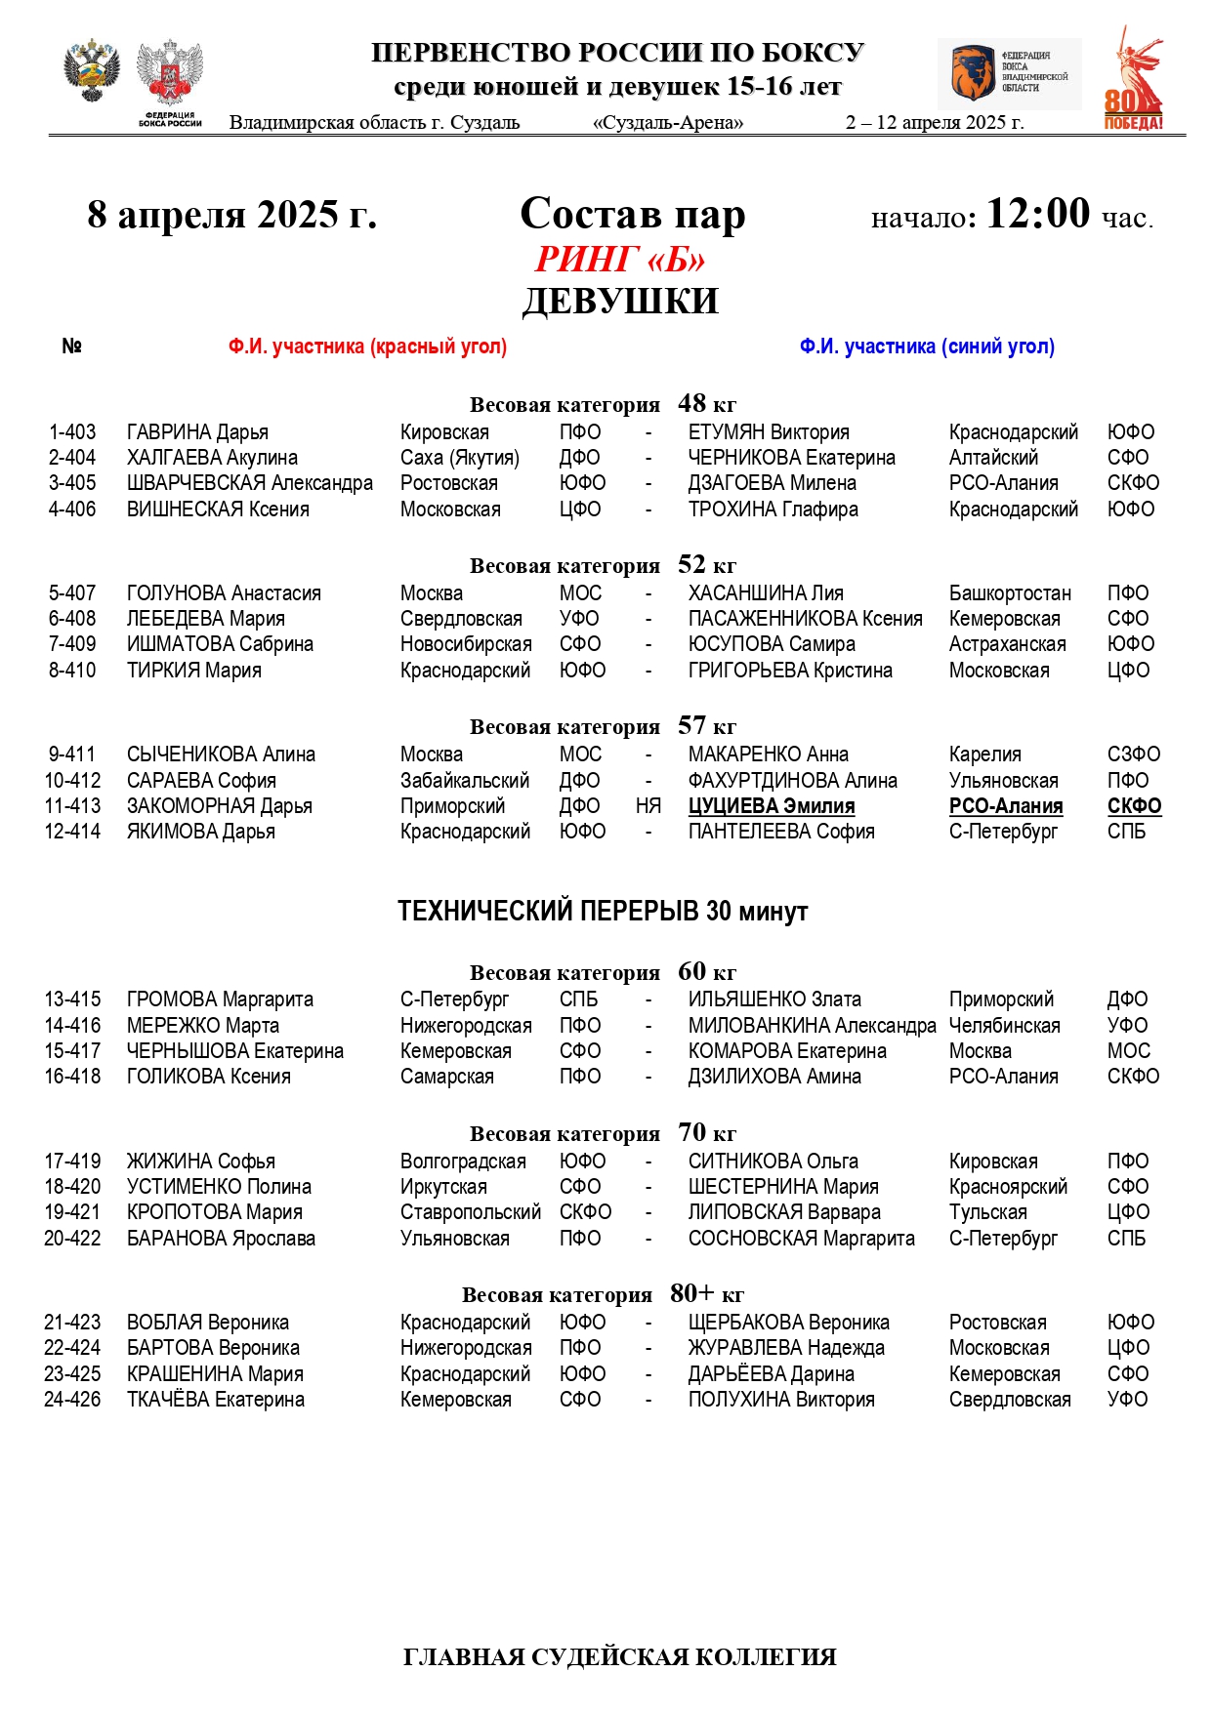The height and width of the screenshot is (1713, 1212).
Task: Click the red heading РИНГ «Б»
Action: click(619, 260)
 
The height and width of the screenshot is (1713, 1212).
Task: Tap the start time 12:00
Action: click(1037, 214)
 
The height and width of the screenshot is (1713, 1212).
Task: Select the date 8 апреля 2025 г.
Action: click(231, 215)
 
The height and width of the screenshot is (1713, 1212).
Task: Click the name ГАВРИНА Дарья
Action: click(197, 432)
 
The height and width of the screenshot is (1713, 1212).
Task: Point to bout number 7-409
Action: click(72, 644)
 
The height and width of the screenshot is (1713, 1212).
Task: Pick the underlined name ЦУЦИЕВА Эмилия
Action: click(771, 806)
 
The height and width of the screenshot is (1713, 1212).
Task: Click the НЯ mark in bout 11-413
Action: click(648, 806)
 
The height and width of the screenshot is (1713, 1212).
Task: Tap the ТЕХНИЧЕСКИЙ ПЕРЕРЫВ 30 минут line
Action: click(603, 912)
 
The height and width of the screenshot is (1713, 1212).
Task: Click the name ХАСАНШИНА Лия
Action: click(765, 593)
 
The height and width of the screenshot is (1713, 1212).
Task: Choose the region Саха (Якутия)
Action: click(459, 458)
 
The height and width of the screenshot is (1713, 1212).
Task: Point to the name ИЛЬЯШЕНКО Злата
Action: click(774, 999)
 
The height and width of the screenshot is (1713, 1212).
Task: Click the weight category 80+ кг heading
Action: click(603, 1294)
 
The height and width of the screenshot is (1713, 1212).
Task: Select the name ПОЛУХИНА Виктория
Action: click(780, 1400)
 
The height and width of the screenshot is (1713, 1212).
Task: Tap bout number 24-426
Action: click(72, 1400)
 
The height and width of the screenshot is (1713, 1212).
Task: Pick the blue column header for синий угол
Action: click(927, 347)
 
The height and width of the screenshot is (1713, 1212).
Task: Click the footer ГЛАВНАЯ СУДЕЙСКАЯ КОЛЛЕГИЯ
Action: click(619, 1656)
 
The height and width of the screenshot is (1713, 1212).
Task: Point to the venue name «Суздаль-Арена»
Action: click(668, 123)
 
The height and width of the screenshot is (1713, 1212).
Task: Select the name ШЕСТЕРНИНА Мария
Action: click(783, 1187)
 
